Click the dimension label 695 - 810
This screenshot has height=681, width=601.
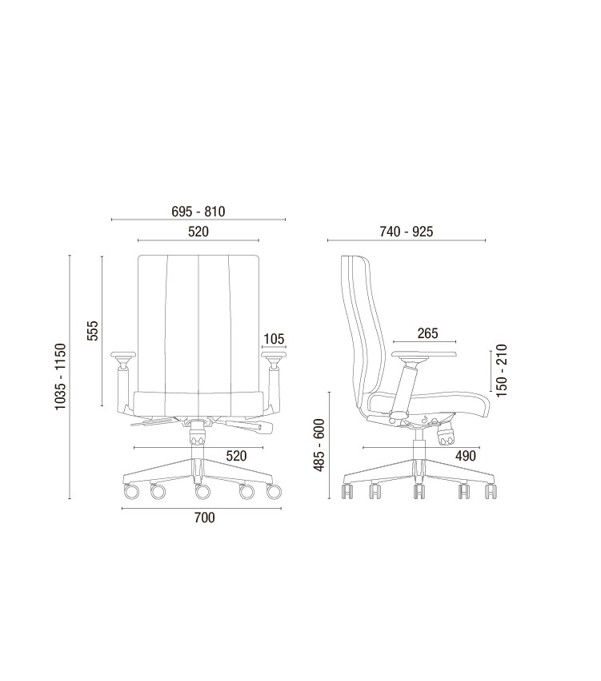pos(198,212)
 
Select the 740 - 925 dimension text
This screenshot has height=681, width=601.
pos(407,232)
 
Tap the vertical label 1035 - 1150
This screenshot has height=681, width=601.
pos(60,376)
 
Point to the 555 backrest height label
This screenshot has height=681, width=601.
pos(93,331)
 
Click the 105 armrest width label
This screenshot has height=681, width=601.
pos(274,339)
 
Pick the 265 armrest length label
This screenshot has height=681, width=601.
pos(428,333)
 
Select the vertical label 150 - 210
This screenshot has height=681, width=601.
pos(501,370)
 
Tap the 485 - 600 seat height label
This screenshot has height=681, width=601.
pos(319,445)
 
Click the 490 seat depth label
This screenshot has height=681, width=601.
pos(466,456)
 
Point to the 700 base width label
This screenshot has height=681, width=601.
pos(204,518)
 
